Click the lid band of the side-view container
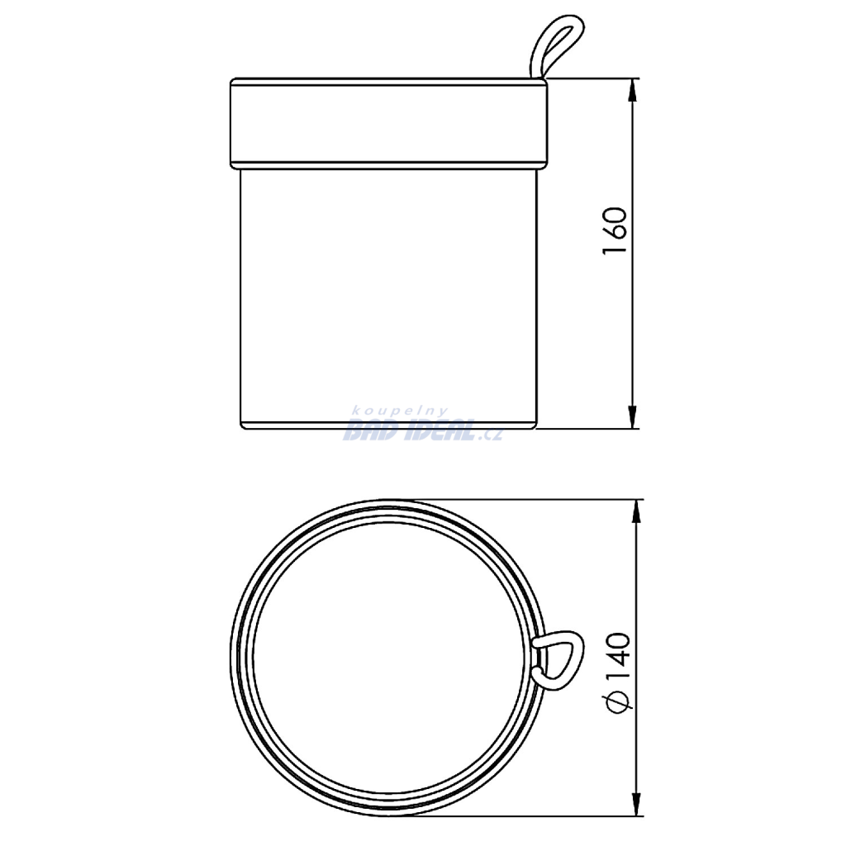point(388,124)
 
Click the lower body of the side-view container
point(388,299)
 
